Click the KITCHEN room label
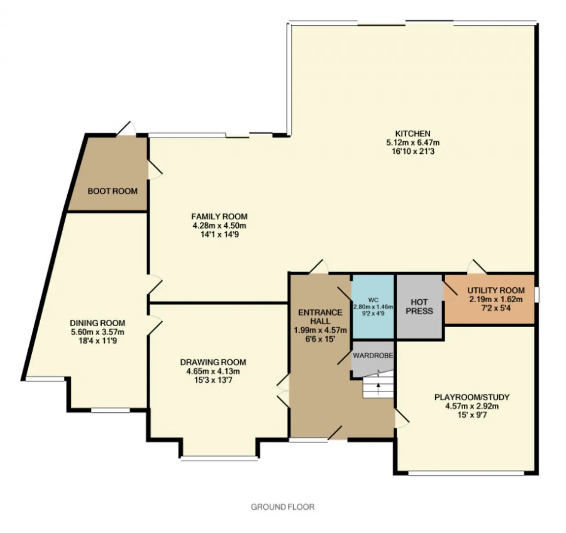(x=413, y=133)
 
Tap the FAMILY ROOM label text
(x=219, y=217)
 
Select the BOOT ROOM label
(x=113, y=191)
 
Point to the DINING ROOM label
(x=97, y=323)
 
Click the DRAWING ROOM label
(x=213, y=362)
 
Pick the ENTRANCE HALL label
(x=320, y=317)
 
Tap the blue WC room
(x=373, y=307)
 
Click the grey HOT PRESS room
(x=419, y=307)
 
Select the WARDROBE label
(x=373, y=355)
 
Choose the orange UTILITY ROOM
(x=489, y=299)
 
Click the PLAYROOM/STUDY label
(x=472, y=397)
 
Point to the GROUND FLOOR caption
(x=283, y=507)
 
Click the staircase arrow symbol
(x=378, y=388)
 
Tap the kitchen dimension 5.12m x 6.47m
(x=413, y=142)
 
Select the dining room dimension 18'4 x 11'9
(x=97, y=341)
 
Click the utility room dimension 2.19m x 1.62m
(x=496, y=299)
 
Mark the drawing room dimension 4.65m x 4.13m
(x=213, y=371)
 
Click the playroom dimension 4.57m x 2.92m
(x=472, y=406)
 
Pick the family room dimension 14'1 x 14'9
(x=219, y=234)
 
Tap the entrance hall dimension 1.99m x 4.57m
(x=320, y=330)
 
